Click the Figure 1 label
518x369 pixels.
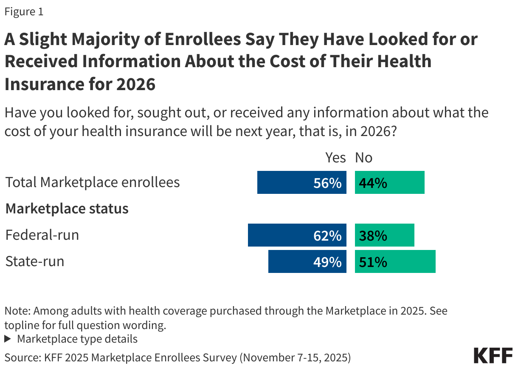24,12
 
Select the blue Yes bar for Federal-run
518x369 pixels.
297,235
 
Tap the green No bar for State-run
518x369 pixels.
395,261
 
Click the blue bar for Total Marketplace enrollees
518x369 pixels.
301,182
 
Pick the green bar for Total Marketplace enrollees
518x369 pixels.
389,182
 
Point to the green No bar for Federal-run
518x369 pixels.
384,235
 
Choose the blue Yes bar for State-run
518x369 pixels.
307,261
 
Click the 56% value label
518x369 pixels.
327,183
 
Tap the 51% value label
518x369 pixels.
373,262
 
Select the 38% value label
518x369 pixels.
373,236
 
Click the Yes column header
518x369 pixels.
335,158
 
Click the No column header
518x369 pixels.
363,158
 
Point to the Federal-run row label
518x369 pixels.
42,235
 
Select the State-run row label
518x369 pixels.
35,261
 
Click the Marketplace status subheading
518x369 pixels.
67,209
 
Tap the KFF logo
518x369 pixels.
493,355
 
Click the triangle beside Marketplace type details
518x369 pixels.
8,339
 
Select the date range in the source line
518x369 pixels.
295,358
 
